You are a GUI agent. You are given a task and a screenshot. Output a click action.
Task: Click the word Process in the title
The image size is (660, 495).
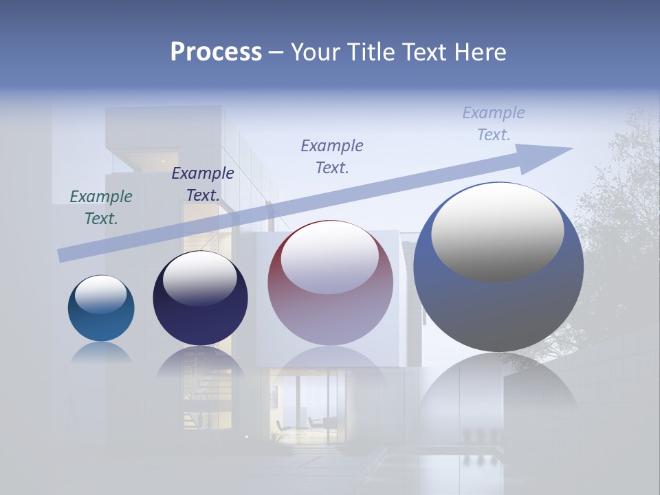[216, 52]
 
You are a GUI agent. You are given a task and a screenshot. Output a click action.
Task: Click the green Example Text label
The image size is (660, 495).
[101, 208]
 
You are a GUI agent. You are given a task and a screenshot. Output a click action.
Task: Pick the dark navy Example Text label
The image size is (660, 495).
[203, 184]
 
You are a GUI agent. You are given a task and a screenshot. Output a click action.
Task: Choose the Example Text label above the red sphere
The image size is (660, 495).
[332, 157]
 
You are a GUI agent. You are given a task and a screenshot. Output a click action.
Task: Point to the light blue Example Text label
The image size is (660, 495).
[494, 124]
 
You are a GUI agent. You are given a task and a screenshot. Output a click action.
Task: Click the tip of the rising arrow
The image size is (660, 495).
[571, 148]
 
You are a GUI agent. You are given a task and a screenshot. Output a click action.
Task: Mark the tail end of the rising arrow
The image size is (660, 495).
[60, 256]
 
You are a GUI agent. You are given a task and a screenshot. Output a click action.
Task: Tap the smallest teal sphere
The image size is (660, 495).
[101, 323]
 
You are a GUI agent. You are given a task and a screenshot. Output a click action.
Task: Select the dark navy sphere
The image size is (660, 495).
[200, 316]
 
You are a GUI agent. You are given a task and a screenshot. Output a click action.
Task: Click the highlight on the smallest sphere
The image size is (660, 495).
[101, 294]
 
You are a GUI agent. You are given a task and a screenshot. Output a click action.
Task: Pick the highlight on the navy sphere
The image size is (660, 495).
[199, 278]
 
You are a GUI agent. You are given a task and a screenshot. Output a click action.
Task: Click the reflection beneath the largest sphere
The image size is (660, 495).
[498, 392]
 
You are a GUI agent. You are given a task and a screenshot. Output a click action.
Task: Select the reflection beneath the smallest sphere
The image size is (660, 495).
[101, 353]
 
